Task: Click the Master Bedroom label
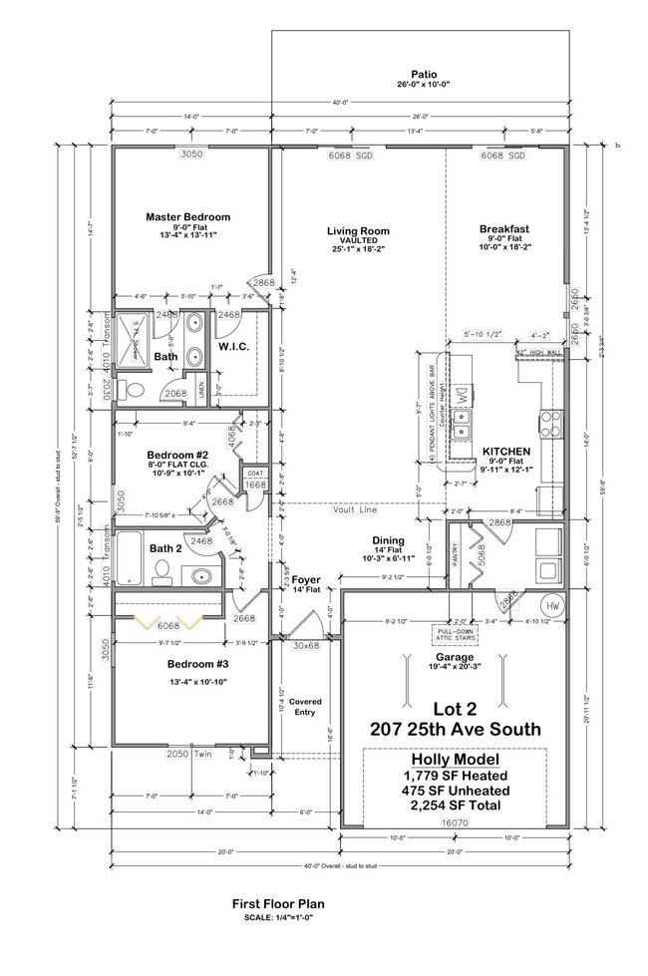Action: [x=187, y=216]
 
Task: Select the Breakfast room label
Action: [x=503, y=228]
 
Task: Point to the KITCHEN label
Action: [x=502, y=450]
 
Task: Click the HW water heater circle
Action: [x=553, y=606]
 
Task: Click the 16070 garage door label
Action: [x=454, y=822]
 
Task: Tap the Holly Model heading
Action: [x=454, y=759]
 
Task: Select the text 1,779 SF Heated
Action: [x=454, y=775]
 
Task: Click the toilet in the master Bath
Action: [x=125, y=388]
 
